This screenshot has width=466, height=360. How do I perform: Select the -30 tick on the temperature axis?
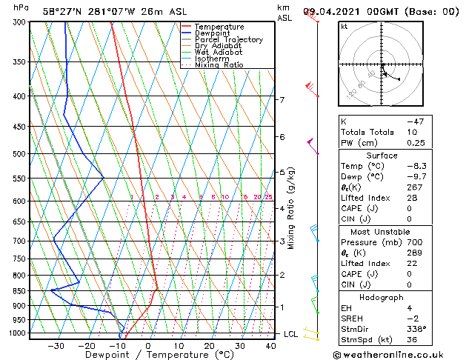coord(56,345)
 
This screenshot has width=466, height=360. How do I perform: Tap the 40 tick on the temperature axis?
coord(271,345)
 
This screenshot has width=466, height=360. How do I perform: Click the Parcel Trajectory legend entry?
coord(228,39)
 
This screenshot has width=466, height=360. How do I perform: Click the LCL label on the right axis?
coord(291,334)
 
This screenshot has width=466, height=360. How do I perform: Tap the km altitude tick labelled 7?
coord(282,100)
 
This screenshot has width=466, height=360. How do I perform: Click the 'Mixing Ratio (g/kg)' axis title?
coord(291,208)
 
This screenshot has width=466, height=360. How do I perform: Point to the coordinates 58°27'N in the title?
coord(65,11)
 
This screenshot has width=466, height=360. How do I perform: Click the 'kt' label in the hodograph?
coord(344,27)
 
